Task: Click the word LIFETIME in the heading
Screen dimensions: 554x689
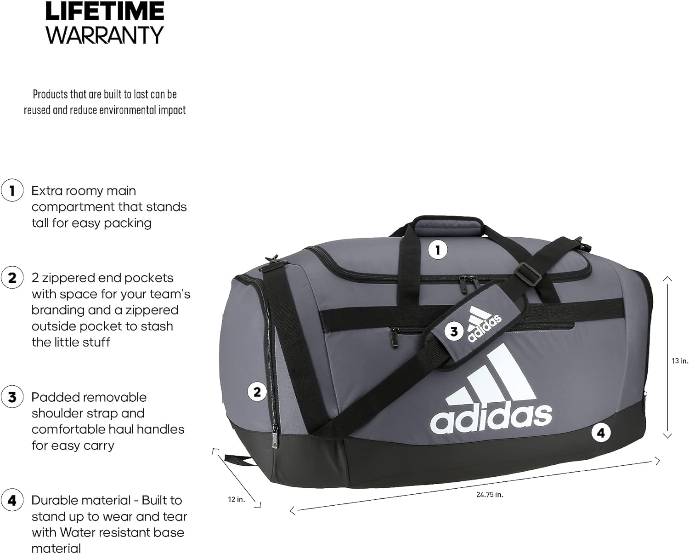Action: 105,11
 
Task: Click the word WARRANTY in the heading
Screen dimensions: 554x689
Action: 105,35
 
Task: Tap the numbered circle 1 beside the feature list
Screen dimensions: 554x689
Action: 12,190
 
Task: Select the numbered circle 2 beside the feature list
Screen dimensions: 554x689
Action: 12,278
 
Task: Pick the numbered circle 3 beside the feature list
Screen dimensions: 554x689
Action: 12,397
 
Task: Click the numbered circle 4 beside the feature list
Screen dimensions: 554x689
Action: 12,500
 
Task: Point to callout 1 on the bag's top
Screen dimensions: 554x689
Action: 437,250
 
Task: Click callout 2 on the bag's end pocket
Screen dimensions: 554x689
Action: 257,392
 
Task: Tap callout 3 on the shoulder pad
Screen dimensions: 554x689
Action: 454,331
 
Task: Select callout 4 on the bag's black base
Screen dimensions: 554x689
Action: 601,432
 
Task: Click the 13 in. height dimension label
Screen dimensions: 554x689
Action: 680,361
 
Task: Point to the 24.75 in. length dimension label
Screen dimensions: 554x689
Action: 490,495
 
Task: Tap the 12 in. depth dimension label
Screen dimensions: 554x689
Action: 237,499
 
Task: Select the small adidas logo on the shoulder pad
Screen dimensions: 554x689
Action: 484,325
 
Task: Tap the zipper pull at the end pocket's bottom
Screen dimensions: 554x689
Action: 275,439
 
